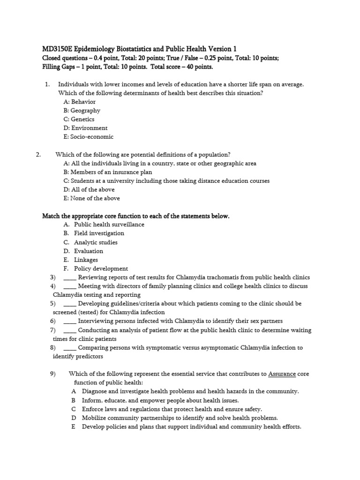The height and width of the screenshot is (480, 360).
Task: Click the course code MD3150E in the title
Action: click(57, 49)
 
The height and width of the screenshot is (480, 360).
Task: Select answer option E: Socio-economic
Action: click(88, 137)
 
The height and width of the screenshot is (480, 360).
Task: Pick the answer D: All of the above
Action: click(89, 189)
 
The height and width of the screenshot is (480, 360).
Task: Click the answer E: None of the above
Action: click(91, 198)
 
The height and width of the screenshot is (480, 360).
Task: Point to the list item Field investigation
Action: click(99, 233)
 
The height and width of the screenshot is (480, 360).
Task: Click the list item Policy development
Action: click(101, 269)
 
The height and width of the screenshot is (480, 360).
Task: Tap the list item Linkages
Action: click(86, 260)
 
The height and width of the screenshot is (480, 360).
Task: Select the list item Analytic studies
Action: click(96, 242)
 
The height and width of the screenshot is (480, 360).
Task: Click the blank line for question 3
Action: click(69, 277)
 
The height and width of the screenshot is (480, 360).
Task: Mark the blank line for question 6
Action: click(69, 321)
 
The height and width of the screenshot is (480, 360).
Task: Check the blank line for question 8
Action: click(69, 348)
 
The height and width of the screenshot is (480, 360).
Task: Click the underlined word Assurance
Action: click(282, 374)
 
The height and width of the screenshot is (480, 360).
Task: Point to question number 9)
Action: click(52, 374)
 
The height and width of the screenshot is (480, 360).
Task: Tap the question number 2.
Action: click(39, 155)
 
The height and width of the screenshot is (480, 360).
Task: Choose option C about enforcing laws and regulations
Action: click(172, 409)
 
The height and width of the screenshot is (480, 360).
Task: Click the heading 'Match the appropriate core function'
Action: click(136, 216)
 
